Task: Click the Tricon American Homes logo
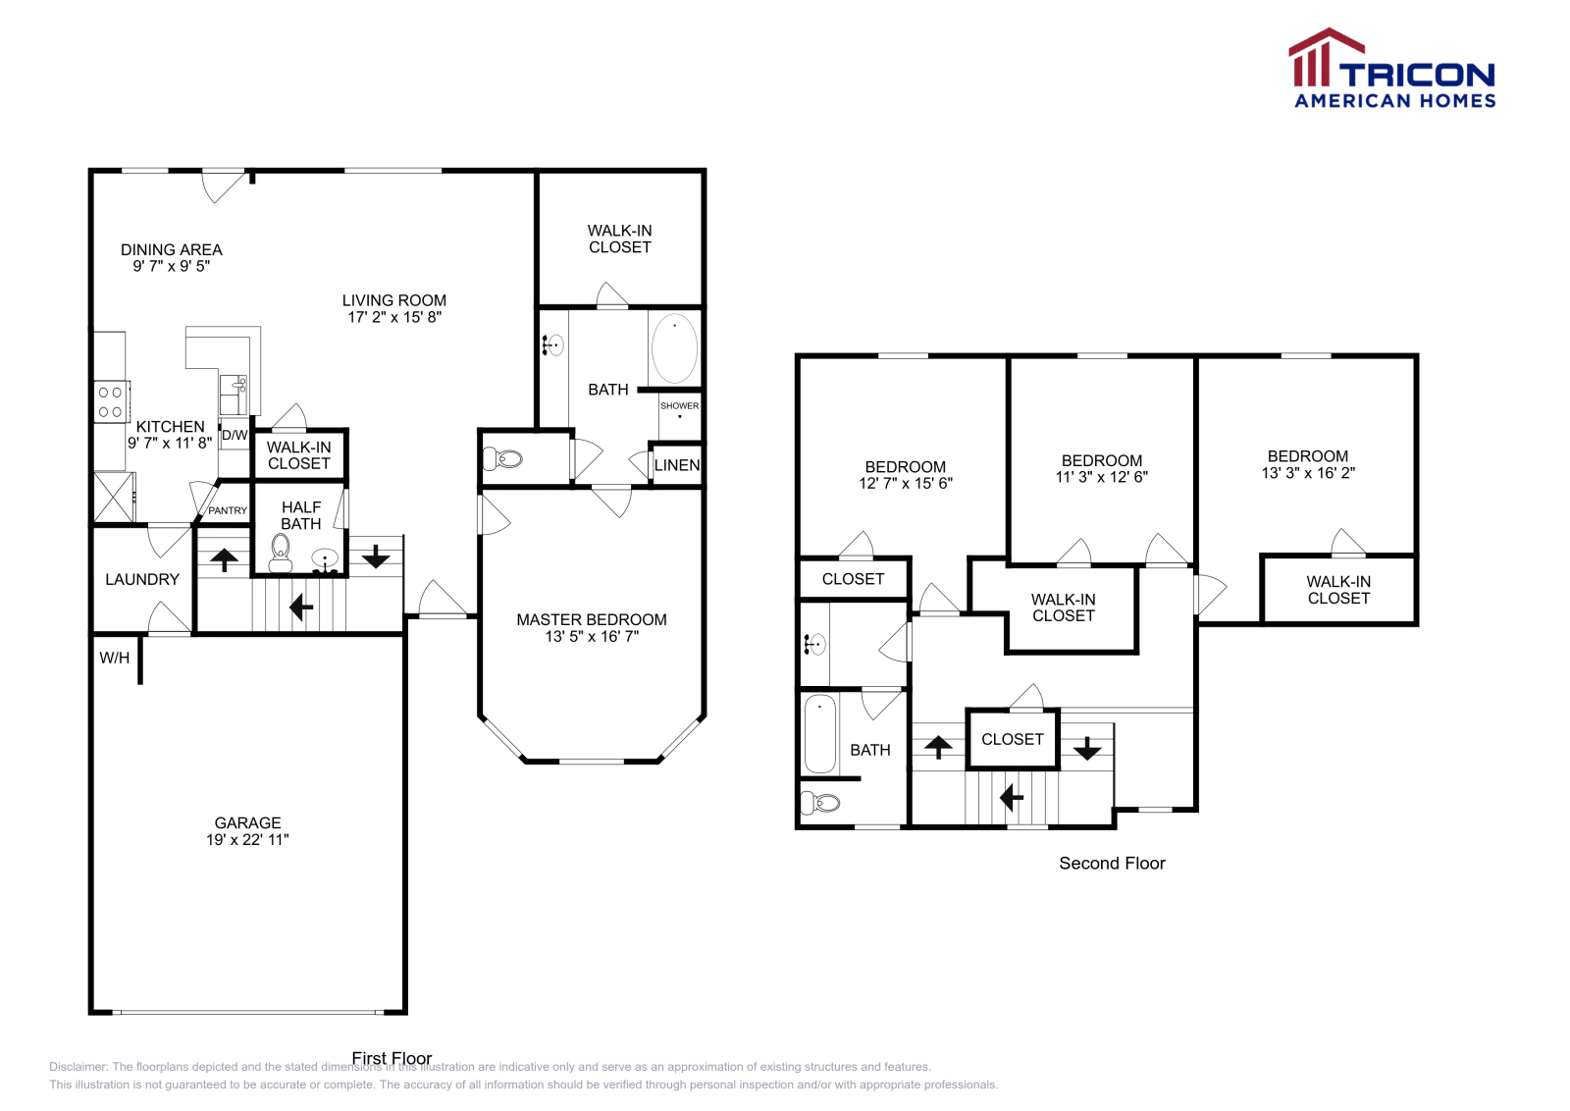click(1391, 69)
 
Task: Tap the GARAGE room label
click(247, 822)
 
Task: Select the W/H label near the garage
click(115, 658)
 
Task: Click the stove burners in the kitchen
click(110, 402)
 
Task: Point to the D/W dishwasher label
click(235, 435)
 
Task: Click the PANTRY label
click(228, 510)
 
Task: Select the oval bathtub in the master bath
click(674, 348)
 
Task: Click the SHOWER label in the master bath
click(679, 405)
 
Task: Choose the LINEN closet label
click(677, 465)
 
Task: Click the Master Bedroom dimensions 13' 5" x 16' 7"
click(592, 636)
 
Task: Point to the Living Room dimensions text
click(394, 317)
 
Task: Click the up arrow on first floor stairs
click(225, 559)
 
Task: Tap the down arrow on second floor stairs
click(1087, 749)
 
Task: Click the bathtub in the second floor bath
click(820, 734)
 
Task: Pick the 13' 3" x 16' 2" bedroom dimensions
click(1308, 473)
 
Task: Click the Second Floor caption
click(1112, 863)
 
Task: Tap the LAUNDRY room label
click(142, 579)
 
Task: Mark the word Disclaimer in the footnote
click(78, 1067)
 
